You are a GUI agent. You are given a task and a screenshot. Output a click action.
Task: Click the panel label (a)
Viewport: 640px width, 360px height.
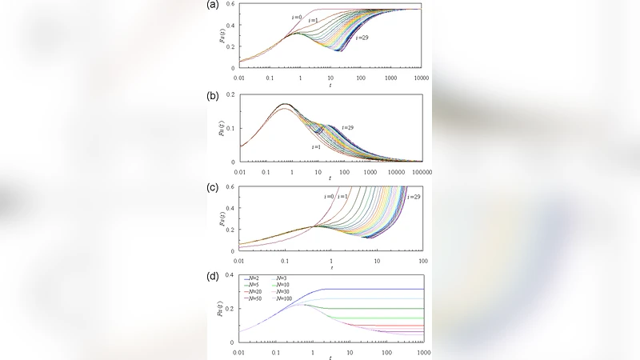point(214,4)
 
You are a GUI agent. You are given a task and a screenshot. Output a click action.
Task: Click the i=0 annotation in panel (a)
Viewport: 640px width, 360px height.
point(296,17)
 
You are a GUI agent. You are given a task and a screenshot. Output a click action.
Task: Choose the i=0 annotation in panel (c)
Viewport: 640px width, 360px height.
point(329,196)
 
